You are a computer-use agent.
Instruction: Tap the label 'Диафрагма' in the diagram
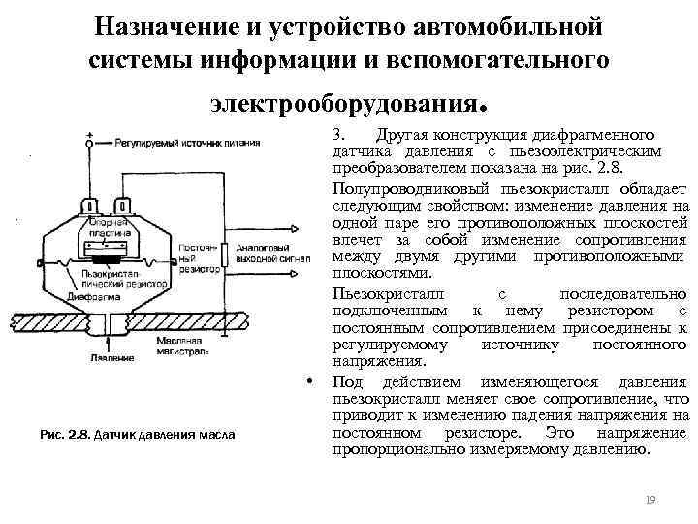point(51,298)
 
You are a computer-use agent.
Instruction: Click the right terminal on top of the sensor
point(124,207)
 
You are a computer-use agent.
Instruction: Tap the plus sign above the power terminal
point(90,134)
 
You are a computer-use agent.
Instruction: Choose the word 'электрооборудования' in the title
point(338,99)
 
